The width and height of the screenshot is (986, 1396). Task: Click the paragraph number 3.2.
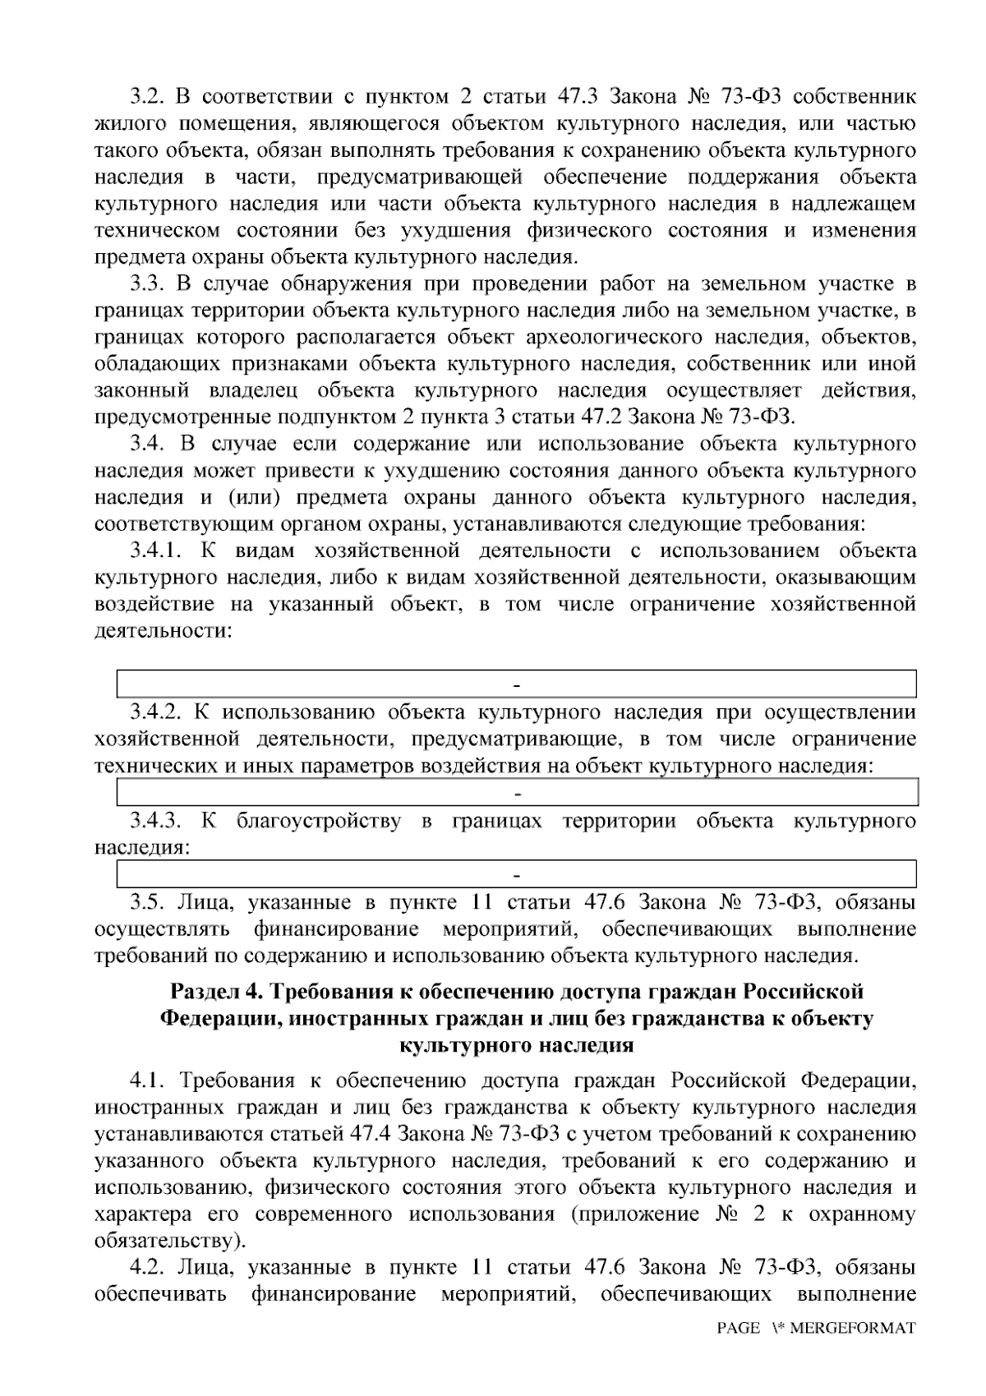point(149,97)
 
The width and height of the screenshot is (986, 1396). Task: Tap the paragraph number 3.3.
point(149,284)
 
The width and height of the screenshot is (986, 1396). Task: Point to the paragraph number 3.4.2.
point(158,712)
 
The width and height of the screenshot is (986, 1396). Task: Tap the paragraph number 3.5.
point(149,902)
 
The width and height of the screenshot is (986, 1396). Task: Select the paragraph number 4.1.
point(149,1079)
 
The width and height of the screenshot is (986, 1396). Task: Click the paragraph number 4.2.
point(149,1267)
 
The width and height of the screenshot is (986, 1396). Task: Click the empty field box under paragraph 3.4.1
point(518,684)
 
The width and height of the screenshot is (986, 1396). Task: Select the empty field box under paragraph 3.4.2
point(518,793)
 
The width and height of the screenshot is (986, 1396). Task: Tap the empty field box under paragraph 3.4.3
point(518,873)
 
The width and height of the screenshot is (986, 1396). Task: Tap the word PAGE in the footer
point(738,1328)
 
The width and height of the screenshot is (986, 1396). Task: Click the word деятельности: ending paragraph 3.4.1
point(163,631)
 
